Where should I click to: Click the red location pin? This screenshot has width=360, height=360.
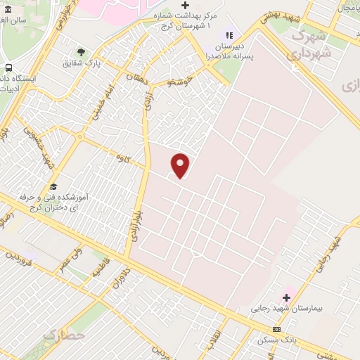(x=181, y=165)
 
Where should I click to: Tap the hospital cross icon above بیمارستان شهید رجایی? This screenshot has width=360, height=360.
(x=286, y=297)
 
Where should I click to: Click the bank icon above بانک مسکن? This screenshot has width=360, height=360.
(x=276, y=329)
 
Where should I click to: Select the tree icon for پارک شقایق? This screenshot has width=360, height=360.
(x=81, y=52)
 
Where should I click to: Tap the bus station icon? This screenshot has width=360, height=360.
(x=8, y=68)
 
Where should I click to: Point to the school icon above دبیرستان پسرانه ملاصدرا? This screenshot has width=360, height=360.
(x=229, y=34)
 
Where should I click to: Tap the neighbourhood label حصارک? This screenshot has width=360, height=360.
(x=64, y=335)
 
